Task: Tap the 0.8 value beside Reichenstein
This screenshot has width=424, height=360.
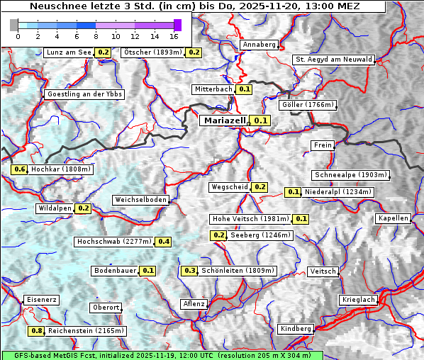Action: tap(36, 331)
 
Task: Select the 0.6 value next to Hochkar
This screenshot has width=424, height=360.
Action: tap(19, 169)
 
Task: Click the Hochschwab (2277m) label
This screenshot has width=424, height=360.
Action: tap(114, 242)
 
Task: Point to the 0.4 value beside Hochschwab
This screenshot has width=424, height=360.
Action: tap(164, 242)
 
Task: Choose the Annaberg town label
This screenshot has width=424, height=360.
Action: tap(259, 45)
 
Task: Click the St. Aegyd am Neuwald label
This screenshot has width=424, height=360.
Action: tap(334, 60)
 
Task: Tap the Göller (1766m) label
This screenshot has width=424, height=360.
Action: tap(307, 105)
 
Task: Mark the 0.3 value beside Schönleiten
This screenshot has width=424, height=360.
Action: tap(189, 271)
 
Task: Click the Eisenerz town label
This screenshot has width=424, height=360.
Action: tap(41, 300)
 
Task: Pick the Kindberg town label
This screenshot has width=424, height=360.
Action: tap(296, 329)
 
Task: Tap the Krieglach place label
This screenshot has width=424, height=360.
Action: tap(357, 300)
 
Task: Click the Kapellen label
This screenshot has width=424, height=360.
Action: tap(393, 218)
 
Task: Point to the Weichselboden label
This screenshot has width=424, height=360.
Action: tap(140, 200)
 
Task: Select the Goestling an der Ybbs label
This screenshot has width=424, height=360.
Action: tap(84, 94)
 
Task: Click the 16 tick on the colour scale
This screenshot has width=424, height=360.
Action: tap(174, 36)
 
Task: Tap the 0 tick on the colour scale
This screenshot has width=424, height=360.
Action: tap(18, 36)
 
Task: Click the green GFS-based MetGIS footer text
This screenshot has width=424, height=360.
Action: tap(162, 355)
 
